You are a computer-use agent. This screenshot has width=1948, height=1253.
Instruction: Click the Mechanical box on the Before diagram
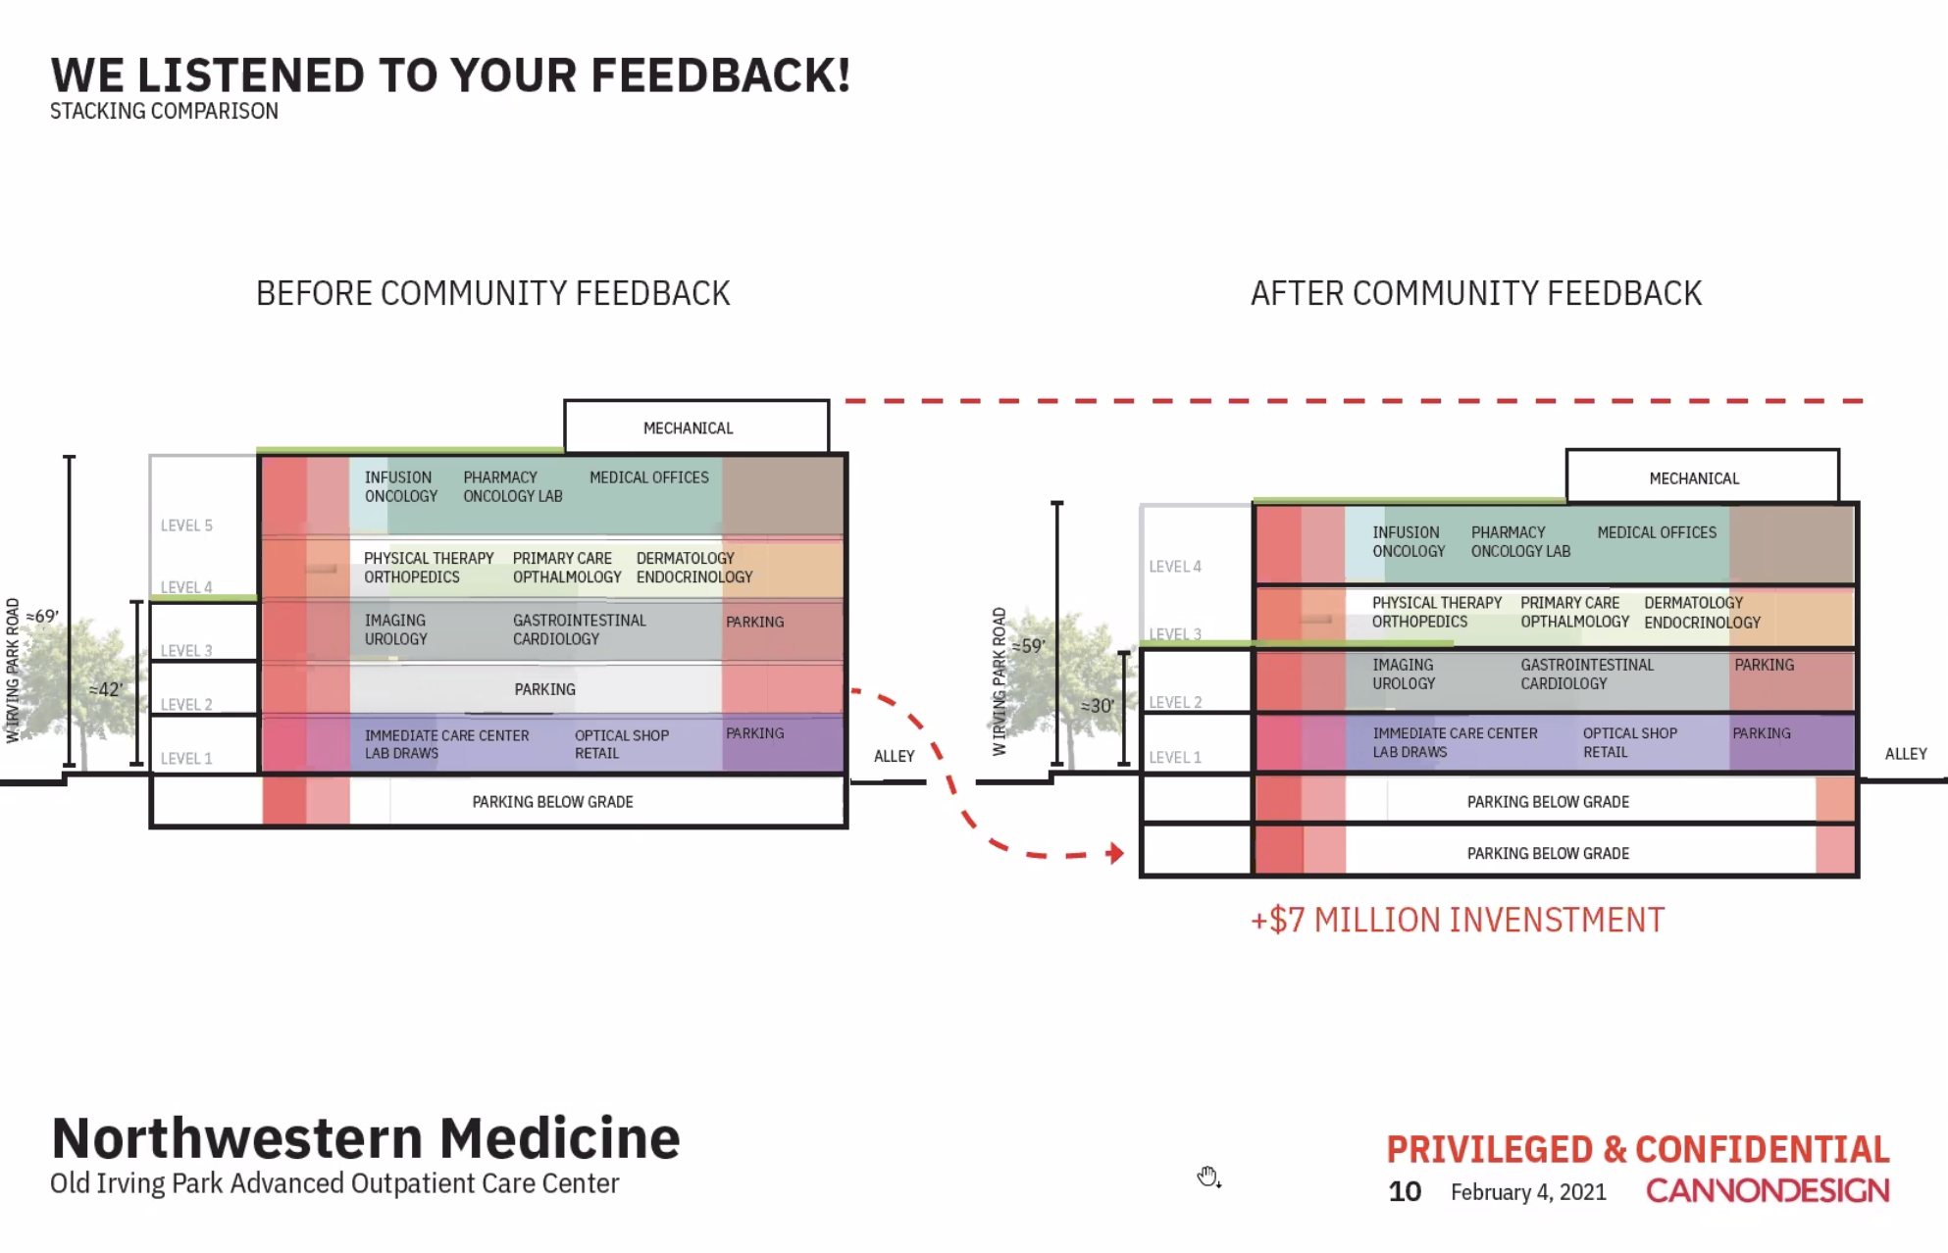click(696, 426)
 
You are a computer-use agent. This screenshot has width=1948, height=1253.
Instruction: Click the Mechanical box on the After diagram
click(1702, 476)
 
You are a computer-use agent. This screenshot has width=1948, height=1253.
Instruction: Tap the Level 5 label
click(186, 526)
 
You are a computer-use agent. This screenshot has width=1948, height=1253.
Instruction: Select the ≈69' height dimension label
click(42, 616)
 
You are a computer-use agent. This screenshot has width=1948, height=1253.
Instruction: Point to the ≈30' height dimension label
click(1098, 706)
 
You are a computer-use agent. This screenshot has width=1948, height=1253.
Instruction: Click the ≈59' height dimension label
click(1028, 646)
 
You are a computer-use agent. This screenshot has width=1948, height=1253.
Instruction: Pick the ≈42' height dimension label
click(106, 689)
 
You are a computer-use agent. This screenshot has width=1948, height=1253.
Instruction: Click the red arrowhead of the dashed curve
click(1114, 853)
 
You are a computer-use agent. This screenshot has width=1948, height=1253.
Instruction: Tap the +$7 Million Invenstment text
click(1457, 920)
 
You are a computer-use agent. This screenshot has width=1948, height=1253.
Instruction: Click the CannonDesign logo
click(1768, 1190)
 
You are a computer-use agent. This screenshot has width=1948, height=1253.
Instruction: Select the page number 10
click(1405, 1191)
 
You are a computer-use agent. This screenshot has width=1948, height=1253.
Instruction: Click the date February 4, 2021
click(1528, 1192)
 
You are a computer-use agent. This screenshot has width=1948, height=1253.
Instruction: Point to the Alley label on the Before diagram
click(894, 756)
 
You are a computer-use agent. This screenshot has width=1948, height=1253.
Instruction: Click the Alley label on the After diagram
click(1906, 754)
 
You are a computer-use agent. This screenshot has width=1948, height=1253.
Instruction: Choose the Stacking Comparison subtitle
click(164, 111)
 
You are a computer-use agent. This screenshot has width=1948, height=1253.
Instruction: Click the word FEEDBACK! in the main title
click(721, 75)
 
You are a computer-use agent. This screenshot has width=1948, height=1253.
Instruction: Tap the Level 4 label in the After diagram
click(1175, 567)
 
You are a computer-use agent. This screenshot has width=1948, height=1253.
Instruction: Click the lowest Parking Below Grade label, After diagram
click(1548, 853)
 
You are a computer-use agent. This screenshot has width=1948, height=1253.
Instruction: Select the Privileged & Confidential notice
click(1638, 1149)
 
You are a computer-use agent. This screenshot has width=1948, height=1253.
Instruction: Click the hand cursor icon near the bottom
click(1208, 1177)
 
